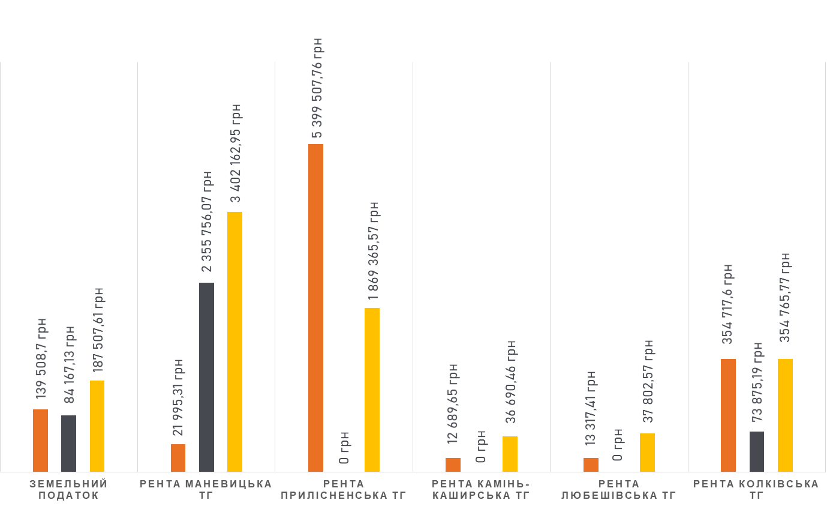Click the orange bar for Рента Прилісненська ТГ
click(x=315, y=307)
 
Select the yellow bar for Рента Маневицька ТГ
click(x=234, y=342)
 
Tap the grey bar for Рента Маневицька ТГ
click(x=206, y=377)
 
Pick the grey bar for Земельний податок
click(x=68, y=443)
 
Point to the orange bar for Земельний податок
click(x=40, y=440)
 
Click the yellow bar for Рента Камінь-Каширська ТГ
click(x=510, y=454)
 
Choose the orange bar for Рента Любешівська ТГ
click(x=591, y=465)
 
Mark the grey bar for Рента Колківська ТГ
click(x=757, y=451)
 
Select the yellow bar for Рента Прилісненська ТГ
click(x=372, y=390)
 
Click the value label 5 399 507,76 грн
click(x=317, y=88)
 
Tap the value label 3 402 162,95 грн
click(x=236, y=154)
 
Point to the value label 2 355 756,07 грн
click(x=207, y=225)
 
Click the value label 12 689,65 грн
click(x=453, y=403)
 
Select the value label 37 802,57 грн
click(x=648, y=381)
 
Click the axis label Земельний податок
click(x=68, y=489)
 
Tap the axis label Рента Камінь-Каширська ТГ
click(x=481, y=489)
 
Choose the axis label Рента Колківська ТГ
click(x=756, y=489)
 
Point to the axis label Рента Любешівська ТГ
click(x=618, y=489)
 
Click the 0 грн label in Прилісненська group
click(x=344, y=447)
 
